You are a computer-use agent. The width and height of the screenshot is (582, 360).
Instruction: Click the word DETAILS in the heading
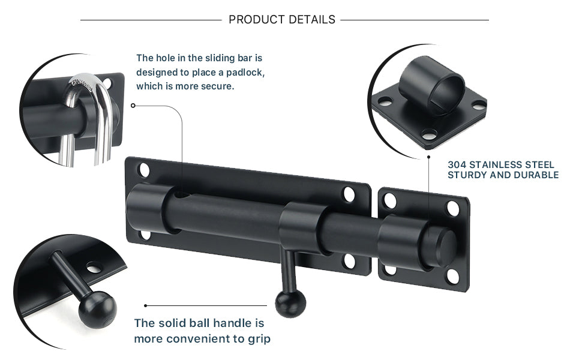(311, 20)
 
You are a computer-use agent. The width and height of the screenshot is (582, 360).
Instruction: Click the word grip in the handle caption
(258, 339)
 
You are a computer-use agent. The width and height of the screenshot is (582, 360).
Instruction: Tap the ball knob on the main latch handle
(290, 303)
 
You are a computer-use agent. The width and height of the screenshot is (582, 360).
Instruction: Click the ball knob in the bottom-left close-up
(98, 308)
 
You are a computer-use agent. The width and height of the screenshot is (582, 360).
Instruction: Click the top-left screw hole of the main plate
(145, 170)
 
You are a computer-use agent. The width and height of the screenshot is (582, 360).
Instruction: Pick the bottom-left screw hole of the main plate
(145, 233)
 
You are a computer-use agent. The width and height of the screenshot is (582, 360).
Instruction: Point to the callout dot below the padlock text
(133, 105)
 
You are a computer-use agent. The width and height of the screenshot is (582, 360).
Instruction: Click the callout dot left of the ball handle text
(146, 305)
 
